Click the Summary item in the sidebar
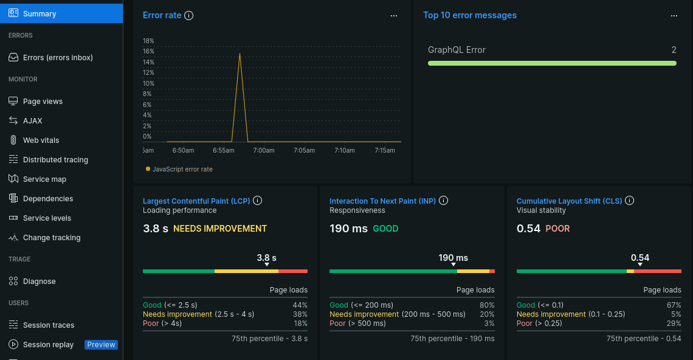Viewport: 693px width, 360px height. coord(40,14)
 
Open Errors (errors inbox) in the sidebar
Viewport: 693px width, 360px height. coord(58,58)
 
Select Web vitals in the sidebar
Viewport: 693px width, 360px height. coord(41,140)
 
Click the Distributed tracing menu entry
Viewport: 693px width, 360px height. coord(55,160)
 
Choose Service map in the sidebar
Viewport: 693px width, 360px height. coord(44,179)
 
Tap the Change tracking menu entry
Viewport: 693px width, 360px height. coord(52,238)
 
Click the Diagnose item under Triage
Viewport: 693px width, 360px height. coord(39,282)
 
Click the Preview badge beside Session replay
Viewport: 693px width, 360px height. coord(101,345)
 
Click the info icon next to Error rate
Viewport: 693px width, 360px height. coord(188,15)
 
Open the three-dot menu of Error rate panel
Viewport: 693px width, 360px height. coord(394,16)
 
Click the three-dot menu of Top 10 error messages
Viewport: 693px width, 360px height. coord(674,16)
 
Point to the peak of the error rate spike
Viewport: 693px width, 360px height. coord(240,54)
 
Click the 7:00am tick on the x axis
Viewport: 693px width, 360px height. coord(264,150)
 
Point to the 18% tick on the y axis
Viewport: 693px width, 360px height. coord(148,41)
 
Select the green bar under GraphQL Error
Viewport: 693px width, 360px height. coord(552,63)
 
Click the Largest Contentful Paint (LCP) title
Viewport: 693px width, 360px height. coord(196,201)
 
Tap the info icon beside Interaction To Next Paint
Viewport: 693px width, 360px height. coord(444,201)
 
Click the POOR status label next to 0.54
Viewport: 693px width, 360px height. coord(557,229)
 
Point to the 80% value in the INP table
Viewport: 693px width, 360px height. coord(486,305)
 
